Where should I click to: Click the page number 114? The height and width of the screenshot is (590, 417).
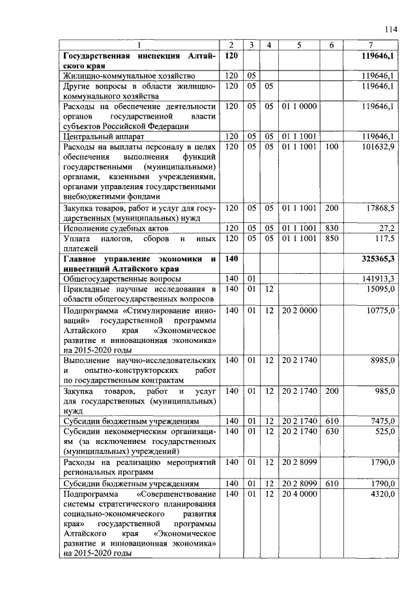tap(391, 29)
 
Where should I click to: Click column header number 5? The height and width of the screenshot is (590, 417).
tap(298, 44)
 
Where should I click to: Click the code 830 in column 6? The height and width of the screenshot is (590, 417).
tap(332, 228)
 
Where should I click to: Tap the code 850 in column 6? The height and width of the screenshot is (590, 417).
tap(332, 239)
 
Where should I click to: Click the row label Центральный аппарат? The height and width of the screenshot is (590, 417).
tap(102, 136)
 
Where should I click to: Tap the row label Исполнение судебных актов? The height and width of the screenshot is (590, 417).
tap(115, 229)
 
